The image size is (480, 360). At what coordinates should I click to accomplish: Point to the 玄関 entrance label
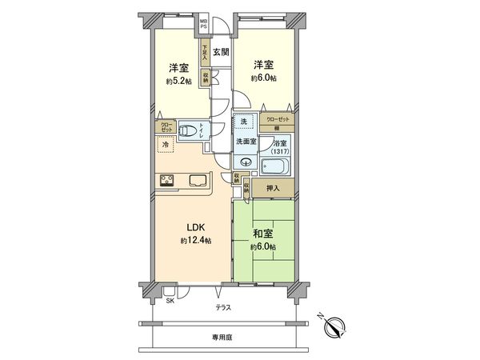pyautogui.click(x=222, y=52)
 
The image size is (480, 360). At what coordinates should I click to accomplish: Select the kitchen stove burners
pyautogui.click(x=168, y=179)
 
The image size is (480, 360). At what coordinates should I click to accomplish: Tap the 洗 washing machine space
pyautogui.click(x=246, y=122)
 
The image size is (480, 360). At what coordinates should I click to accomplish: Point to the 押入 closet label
pyautogui.click(x=273, y=189)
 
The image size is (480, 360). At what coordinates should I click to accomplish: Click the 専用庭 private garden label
pyautogui.click(x=223, y=338)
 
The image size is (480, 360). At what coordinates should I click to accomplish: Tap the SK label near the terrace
pyautogui.click(x=170, y=301)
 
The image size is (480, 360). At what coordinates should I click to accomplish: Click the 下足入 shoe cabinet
pyautogui.click(x=205, y=54)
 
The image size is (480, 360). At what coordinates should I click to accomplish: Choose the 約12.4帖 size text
pyautogui.click(x=195, y=241)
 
